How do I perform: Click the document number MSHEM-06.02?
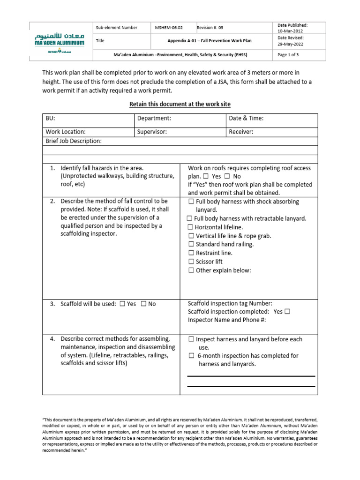[170, 28]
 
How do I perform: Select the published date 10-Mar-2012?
[291, 31]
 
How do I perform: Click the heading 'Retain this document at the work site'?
[180, 104]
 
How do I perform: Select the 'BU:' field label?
[51, 119]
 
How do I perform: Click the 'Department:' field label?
[154, 119]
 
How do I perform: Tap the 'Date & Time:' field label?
[246, 119]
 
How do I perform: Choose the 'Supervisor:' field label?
[152, 132]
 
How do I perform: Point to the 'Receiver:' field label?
[241, 132]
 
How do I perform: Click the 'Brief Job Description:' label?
[74, 141]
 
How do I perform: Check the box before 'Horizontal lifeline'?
[191, 228]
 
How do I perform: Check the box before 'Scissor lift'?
[191, 262]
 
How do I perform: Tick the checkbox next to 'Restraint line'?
[191, 253]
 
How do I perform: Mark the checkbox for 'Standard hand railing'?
[191, 245]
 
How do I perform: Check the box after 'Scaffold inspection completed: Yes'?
[287, 312]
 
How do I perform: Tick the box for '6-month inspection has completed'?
[191, 356]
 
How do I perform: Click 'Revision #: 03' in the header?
[210, 28]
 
